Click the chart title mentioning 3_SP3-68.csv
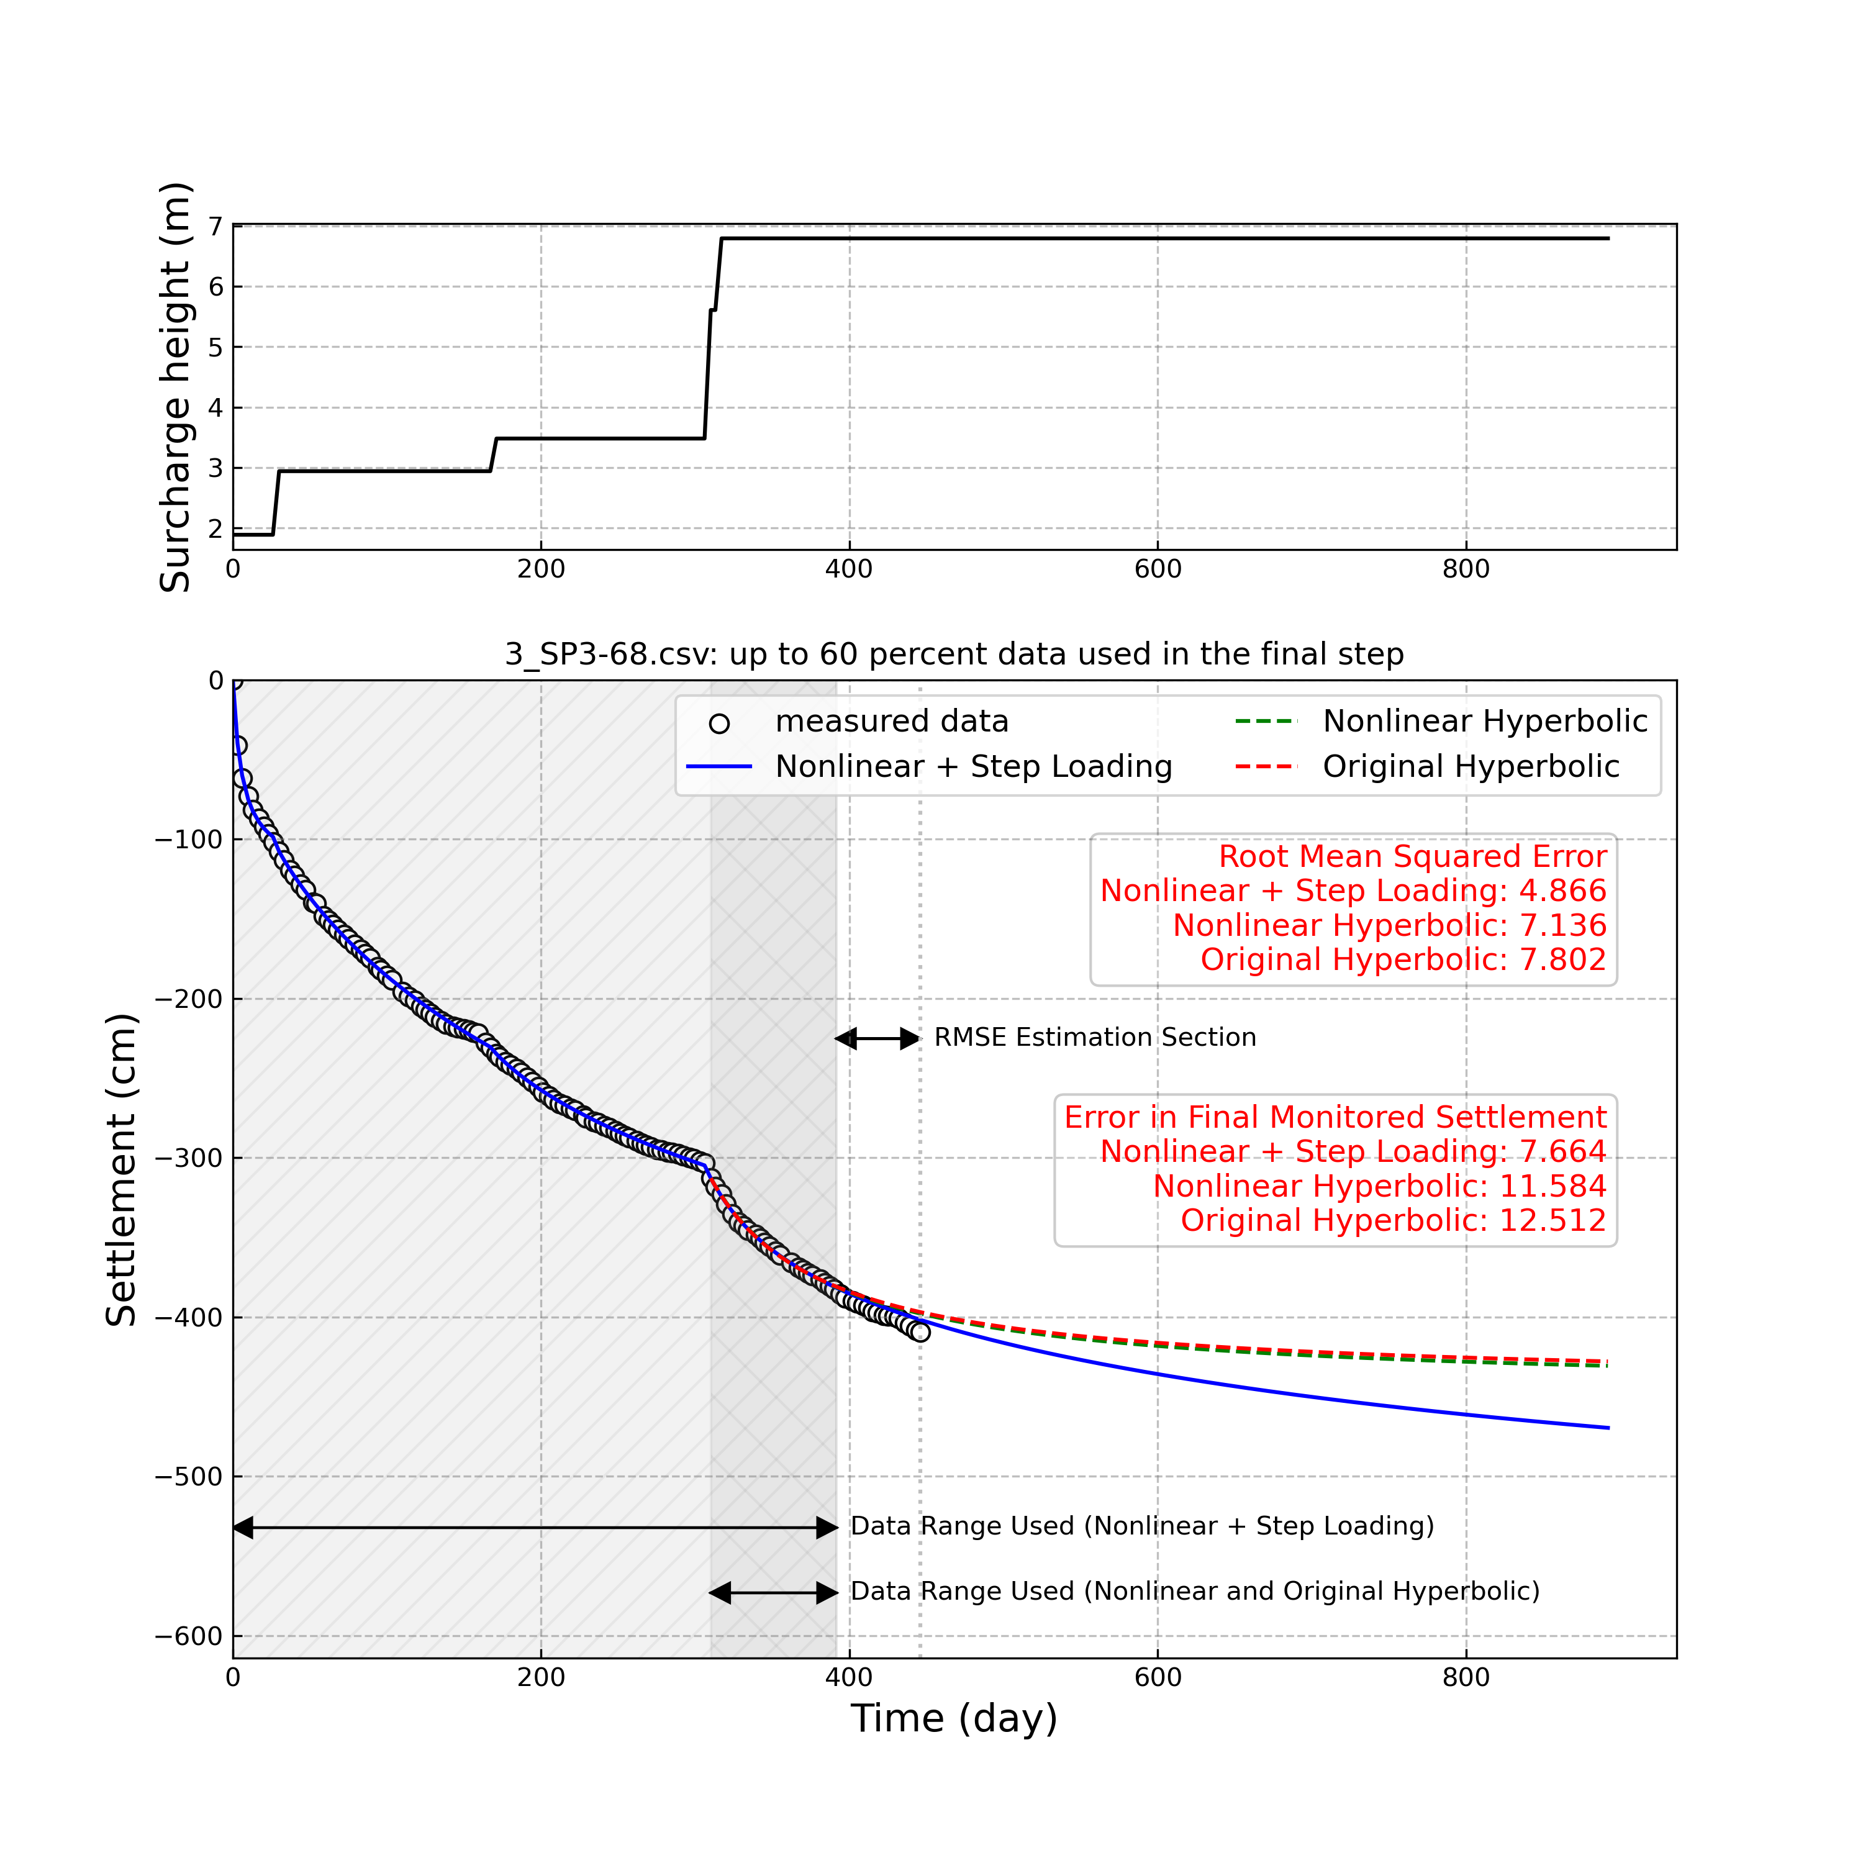tap(954, 654)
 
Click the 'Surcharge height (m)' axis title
tap(176, 387)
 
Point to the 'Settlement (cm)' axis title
tap(122, 1170)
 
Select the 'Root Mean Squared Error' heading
tap(1413, 856)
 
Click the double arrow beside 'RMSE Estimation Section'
tap(877, 1038)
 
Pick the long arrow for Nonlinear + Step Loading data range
tap(535, 1528)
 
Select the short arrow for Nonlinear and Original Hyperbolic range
tap(773, 1593)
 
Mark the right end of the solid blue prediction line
tap(1608, 1428)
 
